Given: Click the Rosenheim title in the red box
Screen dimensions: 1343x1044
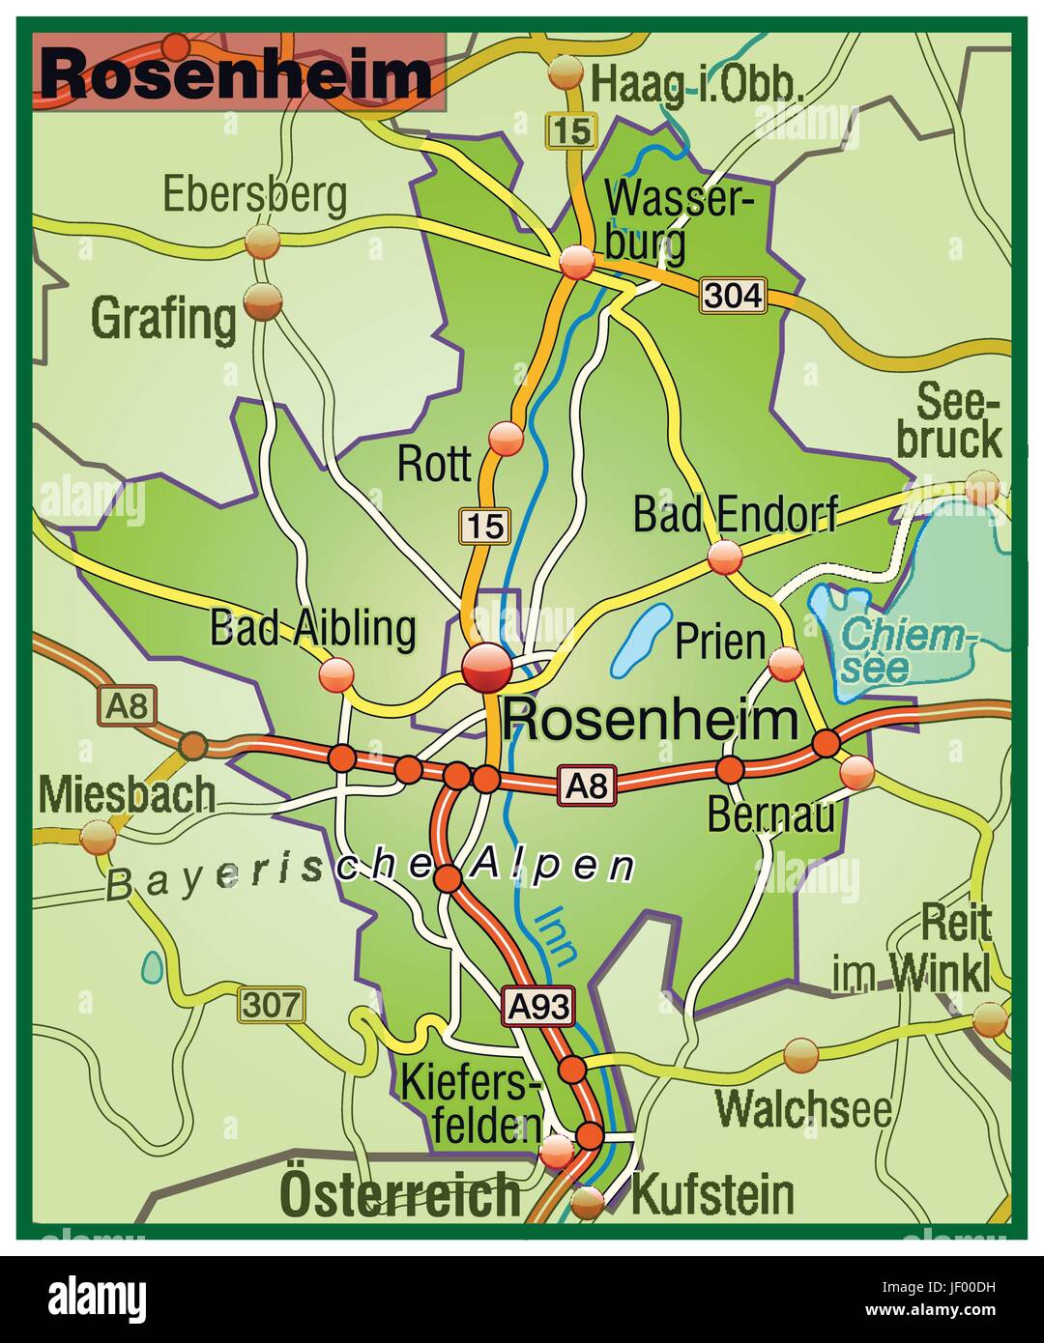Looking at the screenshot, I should [x=237, y=73].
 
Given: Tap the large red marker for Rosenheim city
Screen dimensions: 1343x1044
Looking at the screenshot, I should [x=486, y=667].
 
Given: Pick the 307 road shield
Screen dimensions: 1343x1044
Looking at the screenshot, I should [x=272, y=1004].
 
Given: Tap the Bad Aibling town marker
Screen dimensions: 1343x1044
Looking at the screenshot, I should [x=337, y=673].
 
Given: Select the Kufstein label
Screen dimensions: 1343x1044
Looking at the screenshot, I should [x=712, y=1195].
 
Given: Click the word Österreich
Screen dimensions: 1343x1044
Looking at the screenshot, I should [x=399, y=1195].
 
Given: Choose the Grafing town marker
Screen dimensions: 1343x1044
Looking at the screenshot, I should [x=263, y=302].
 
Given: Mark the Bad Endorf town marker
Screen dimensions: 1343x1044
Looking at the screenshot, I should [x=724, y=557].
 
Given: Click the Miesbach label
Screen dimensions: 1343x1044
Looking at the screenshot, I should [x=127, y=795].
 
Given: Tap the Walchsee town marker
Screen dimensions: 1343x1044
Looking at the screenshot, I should [x=801, y=1055].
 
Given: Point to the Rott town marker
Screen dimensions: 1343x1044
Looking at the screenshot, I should [x=506, y=439].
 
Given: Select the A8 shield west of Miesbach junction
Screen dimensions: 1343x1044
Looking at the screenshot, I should [x=127, y=706].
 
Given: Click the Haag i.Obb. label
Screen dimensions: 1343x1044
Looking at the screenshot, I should [x=697, y=84].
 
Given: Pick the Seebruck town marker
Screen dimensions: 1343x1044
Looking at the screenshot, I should [x=982, y=488].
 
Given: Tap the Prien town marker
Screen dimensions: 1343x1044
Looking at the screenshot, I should [x=786, y=664].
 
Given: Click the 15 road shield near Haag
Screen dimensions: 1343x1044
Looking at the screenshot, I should [x=572, y=130].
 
